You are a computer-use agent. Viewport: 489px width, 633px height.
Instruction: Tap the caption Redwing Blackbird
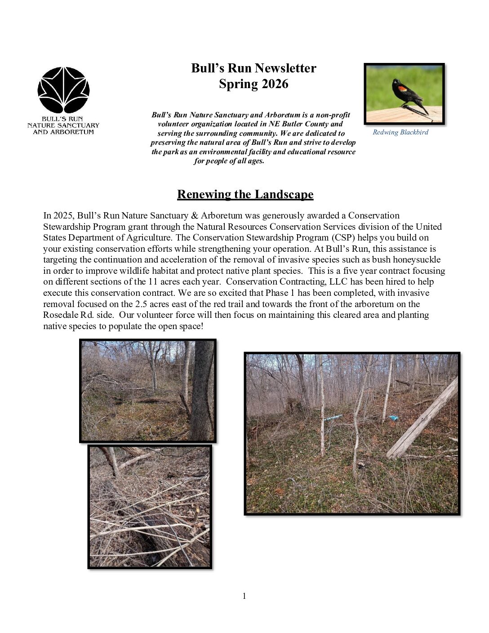(400, 132)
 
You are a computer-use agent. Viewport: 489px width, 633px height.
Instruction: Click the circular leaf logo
(63, 90)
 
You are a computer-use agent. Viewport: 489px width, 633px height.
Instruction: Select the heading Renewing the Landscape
(245, 194)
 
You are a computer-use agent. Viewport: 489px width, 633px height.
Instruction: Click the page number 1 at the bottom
(244, 596)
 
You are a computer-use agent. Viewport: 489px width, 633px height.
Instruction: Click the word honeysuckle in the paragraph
(417, 259)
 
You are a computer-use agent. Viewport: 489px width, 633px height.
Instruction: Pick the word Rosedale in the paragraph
(61, 315)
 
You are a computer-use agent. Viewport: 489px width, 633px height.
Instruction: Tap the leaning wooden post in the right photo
(422, 418)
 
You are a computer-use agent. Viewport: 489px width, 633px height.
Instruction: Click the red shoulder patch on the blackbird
(402, 89)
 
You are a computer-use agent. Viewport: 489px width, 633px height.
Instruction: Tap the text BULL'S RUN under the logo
(62, 119)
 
